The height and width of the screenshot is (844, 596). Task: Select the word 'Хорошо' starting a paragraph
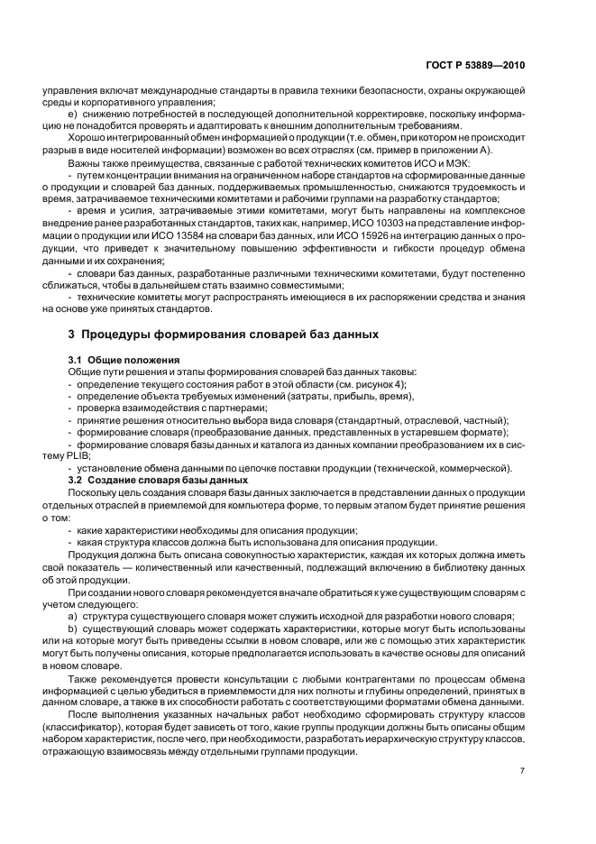coord(87,137)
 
